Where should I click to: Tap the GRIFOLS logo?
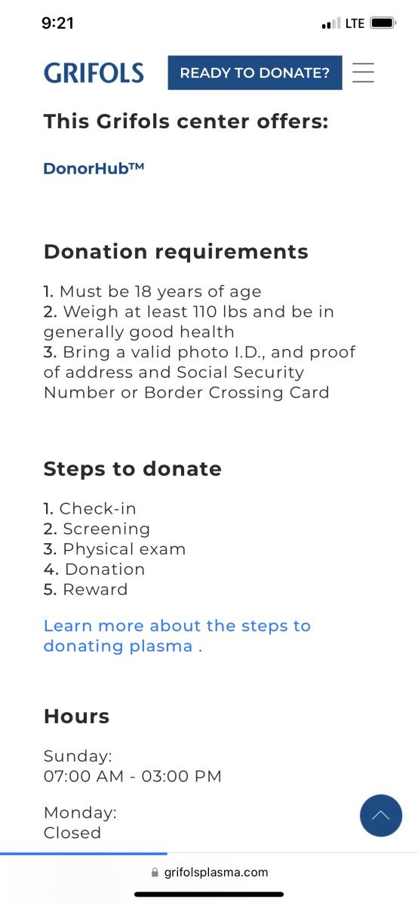94,73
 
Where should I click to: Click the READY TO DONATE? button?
255,72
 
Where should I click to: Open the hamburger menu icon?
363,72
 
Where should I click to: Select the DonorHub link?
94,168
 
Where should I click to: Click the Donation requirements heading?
176,252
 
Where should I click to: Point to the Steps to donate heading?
133,468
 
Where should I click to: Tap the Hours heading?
76,716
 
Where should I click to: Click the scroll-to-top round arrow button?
381,815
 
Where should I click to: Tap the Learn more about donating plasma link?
177,636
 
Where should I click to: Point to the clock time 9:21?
58,23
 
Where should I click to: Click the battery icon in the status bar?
383,23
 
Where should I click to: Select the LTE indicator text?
355,23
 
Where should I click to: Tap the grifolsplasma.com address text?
216,873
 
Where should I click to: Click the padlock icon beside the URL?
155,873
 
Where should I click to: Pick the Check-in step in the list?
90,508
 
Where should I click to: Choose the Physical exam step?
115,549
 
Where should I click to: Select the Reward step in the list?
86,589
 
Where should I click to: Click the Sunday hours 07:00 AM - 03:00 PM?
133,776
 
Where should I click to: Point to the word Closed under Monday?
72,833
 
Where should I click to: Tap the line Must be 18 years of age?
152,291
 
